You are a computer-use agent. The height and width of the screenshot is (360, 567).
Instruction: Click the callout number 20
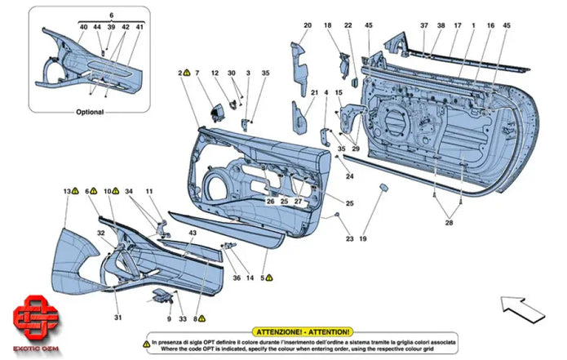(308, 25)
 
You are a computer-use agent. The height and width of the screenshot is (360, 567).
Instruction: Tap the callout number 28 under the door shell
(448, 223)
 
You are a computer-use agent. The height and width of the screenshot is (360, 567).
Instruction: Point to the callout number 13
(66, 191)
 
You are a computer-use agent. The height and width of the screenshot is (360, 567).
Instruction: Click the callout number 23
(349, 239)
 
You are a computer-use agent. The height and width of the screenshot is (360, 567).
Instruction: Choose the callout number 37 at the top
(423, 25)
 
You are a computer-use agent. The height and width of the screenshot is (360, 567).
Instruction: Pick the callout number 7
(197, 73)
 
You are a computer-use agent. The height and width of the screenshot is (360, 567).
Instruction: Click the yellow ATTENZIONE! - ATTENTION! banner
(303, 332)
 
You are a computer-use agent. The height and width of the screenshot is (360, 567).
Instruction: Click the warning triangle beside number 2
(187, 73)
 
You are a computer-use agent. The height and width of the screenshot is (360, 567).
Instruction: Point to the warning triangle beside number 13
(75, 191)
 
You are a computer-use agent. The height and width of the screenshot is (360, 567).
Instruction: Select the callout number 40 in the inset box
(83, 28)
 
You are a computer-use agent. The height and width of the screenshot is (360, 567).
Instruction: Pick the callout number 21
(313, 93)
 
